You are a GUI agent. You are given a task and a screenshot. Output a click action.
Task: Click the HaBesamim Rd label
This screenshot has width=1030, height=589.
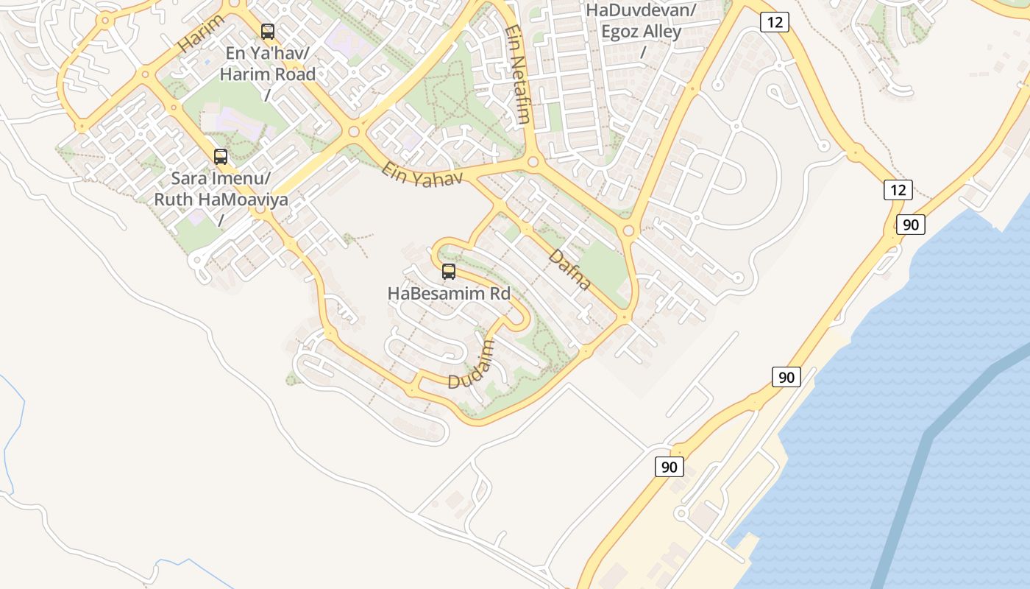coord(449,294)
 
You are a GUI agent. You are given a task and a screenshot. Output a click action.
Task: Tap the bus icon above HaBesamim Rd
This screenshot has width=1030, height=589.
coord(449,272)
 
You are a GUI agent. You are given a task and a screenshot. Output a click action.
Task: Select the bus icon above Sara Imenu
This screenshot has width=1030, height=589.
coord(221,156)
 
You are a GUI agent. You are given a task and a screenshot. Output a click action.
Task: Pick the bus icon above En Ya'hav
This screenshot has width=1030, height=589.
coord(268,32)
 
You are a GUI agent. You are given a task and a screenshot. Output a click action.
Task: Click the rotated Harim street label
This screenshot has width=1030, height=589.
coord(200,33)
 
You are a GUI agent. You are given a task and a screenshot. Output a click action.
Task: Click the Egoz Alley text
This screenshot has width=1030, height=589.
coord(641,32)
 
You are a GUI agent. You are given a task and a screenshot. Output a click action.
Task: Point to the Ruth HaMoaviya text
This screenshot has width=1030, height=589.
coord(221,200)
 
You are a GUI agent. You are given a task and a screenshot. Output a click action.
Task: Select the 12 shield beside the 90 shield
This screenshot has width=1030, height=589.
coord(898,190)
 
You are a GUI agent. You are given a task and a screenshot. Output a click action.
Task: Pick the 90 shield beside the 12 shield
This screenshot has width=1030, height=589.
coord(911,225)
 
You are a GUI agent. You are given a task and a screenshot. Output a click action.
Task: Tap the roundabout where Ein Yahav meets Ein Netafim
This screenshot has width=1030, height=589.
coord(534,162)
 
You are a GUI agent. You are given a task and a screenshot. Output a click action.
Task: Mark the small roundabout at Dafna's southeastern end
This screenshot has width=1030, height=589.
coord(625,317)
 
